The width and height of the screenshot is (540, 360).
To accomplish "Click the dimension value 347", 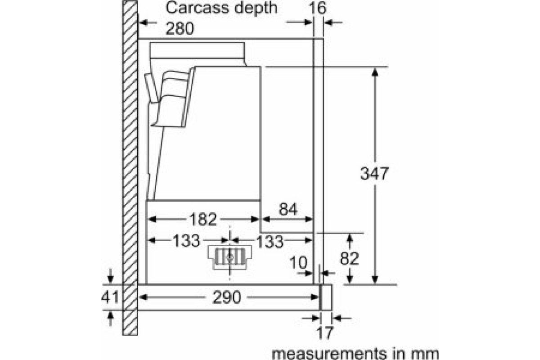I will (374, 173).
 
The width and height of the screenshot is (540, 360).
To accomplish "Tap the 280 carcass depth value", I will (180, 29).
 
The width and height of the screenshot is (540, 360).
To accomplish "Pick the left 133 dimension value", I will (185, 241).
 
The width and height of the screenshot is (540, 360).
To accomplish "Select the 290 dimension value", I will (228, 297).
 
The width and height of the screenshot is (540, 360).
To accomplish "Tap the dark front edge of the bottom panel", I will (320, 297).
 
